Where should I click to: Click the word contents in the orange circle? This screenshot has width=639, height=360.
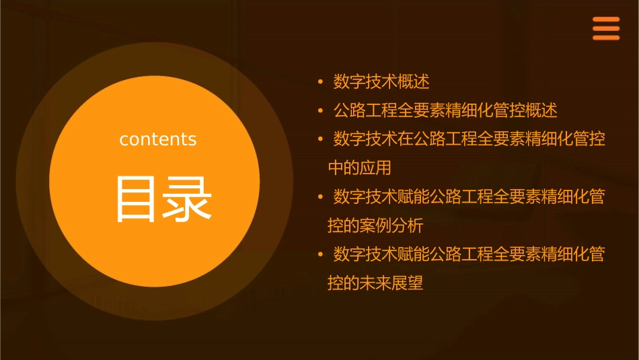pos(157,139)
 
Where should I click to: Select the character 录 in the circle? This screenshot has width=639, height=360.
pos(188,199)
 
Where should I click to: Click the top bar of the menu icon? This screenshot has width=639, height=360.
pos(605,20)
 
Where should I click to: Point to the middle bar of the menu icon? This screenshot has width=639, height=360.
pos(605,29)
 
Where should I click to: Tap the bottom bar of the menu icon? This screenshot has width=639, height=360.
pos(605,38)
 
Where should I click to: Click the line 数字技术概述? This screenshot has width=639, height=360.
pos(381,82)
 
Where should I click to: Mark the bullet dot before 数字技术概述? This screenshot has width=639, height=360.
pos(321,82)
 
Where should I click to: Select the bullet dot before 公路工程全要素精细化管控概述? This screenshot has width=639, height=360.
pos(321,110)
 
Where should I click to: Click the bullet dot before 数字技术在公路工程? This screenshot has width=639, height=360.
pos(321,139)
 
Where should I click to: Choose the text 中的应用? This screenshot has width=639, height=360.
pos(359,168)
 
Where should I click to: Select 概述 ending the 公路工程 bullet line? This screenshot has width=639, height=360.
pos(541,110)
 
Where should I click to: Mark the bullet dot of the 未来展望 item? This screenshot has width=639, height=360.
pos(321,254)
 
